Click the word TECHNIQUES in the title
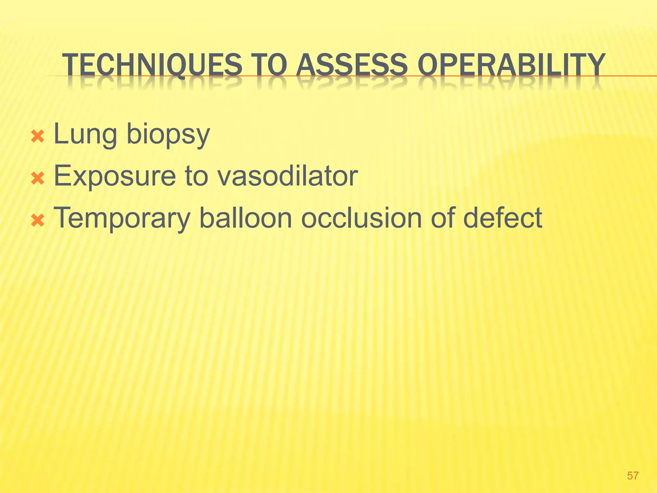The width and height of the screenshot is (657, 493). pos(152,65)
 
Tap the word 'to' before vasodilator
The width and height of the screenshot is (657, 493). pos(196,176)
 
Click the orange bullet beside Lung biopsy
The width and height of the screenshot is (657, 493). pos(38,137)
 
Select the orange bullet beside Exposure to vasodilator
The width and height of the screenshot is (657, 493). pos(38,179)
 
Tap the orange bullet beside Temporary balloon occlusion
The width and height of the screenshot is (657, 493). pos(38,221)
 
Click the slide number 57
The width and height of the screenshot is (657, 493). pos(633,475)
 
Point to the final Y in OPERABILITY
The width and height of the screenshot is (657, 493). pos(594,65)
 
